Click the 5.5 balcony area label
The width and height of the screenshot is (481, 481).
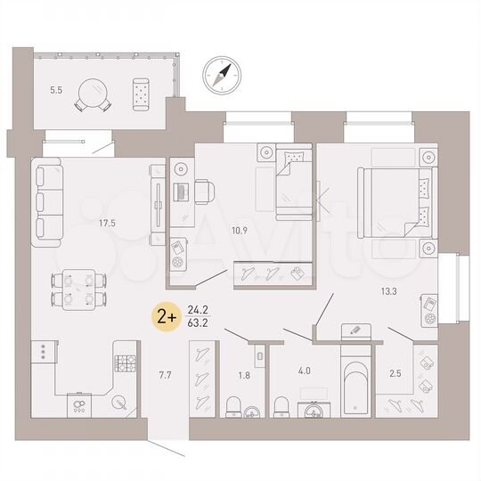pos(56,90)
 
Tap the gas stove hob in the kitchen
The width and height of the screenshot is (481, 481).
pos(124,363)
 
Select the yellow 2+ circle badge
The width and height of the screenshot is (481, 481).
pos(165,316)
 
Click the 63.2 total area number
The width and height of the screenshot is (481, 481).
pos(200,323)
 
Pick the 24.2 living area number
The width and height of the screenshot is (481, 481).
pos(200,310)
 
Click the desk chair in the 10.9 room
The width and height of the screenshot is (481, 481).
pos(203,191)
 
